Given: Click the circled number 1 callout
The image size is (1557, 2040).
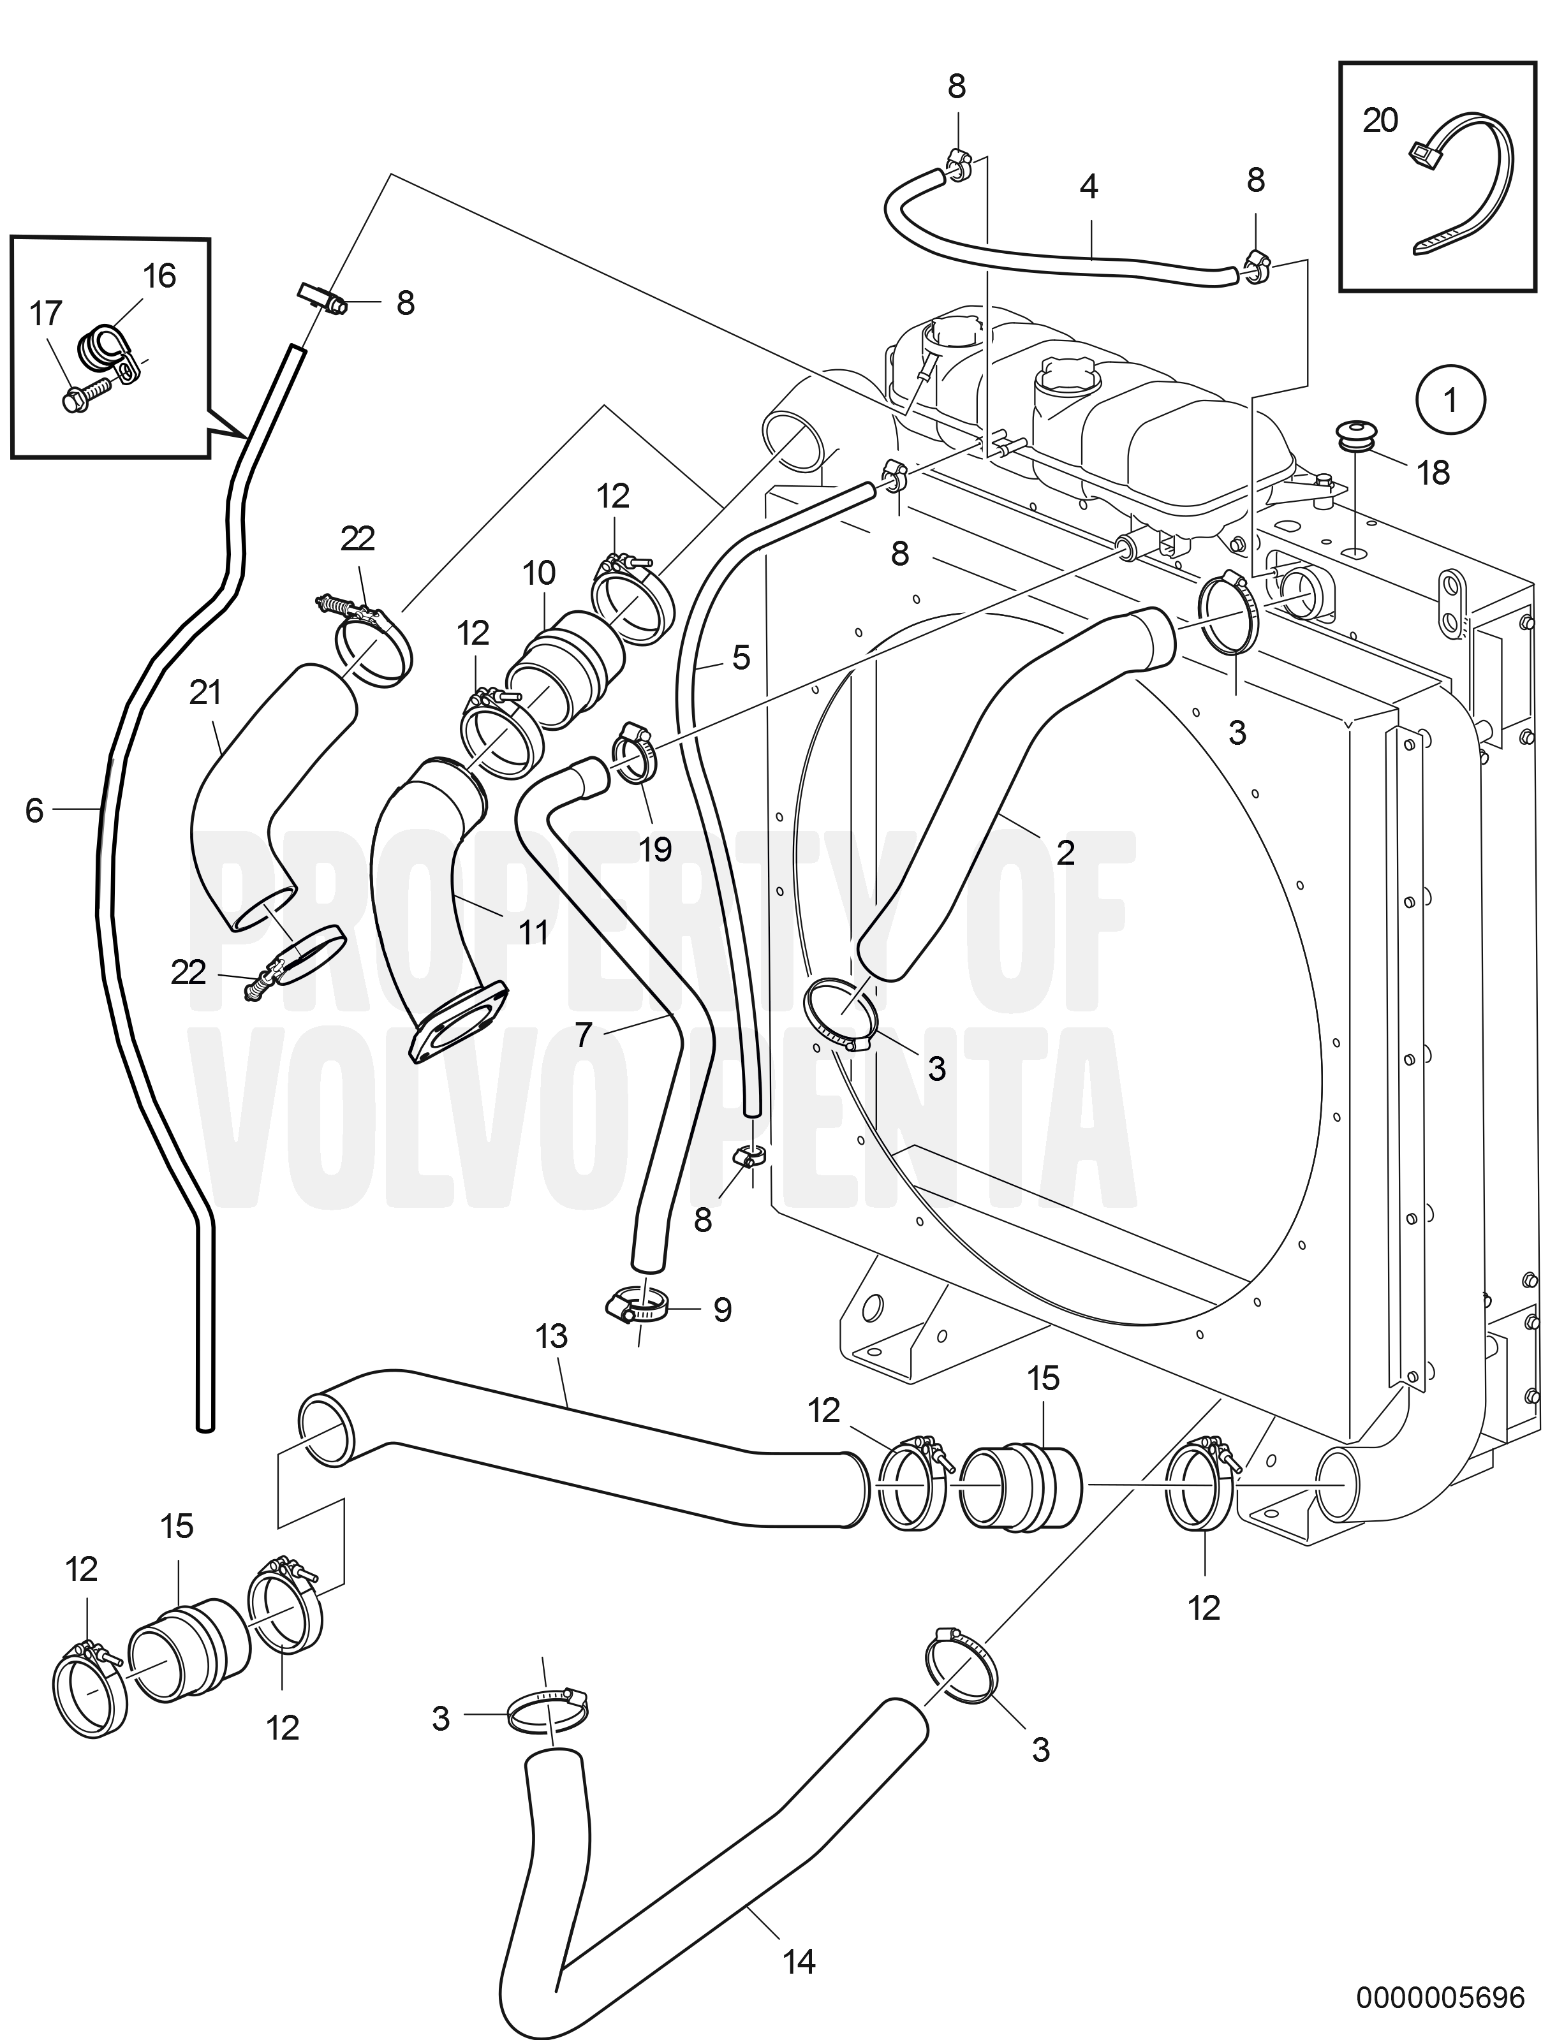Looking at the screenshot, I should coord(1450,400).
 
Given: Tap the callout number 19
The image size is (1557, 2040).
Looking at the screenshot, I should coord(655,849).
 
